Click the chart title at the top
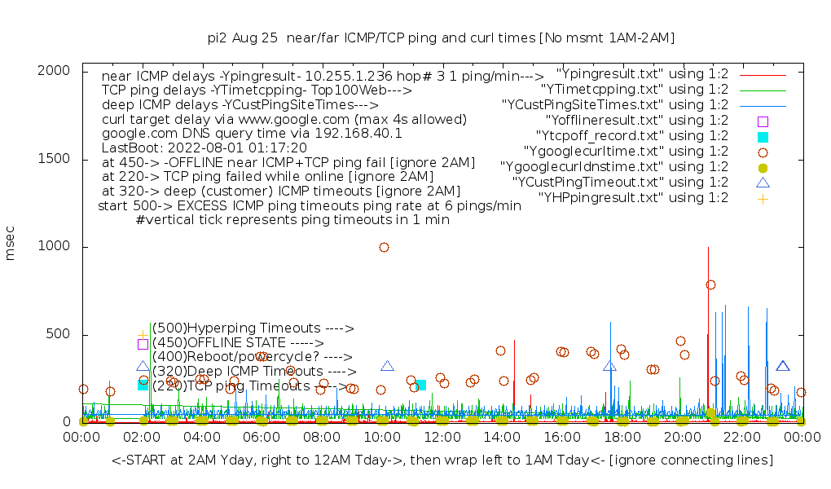click(441, 37)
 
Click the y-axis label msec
click(11, 246)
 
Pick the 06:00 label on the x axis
click(262, 438)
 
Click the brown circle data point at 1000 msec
click(384, 247)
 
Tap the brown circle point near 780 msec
click(710, 284)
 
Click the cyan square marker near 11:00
click(420, 385)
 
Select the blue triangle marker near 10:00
click(387, 367)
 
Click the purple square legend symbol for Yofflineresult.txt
click(763, 121)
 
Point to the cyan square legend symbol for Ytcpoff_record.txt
click(763, 136)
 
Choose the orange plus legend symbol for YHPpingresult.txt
click(763, 198)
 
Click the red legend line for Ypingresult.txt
click(763, 74)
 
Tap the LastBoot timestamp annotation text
click(204, 148)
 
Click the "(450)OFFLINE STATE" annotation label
click(238, 343)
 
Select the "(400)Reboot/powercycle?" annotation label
click(252, 357)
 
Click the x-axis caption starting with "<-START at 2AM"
click(442, 460)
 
